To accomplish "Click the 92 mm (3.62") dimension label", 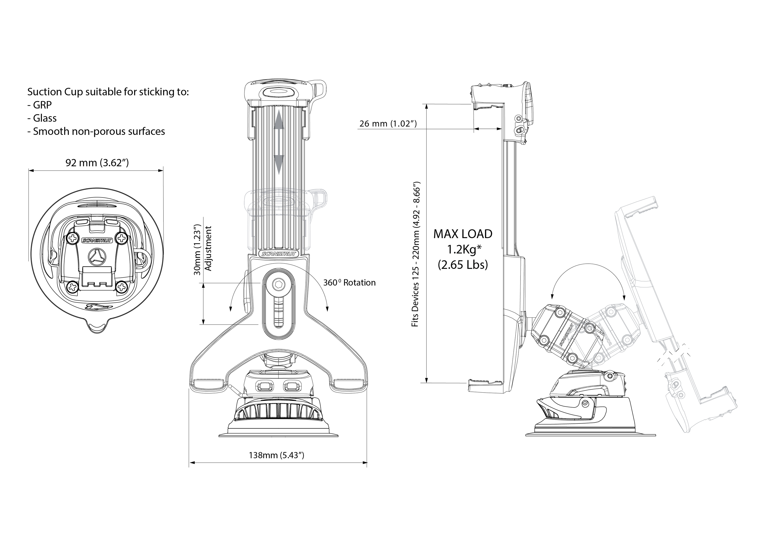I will click(97, 163).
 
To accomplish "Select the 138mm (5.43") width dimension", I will click(276, 455).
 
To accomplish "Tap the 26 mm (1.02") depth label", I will click(388, 124).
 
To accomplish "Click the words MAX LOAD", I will click(463, 234).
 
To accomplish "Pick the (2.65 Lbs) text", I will click(463, 265).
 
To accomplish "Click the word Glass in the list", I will click(45, 118).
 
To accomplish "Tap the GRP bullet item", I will click(42, 105).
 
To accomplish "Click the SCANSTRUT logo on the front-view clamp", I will click(278, 254).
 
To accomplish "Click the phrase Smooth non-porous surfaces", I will click(99, 132).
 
